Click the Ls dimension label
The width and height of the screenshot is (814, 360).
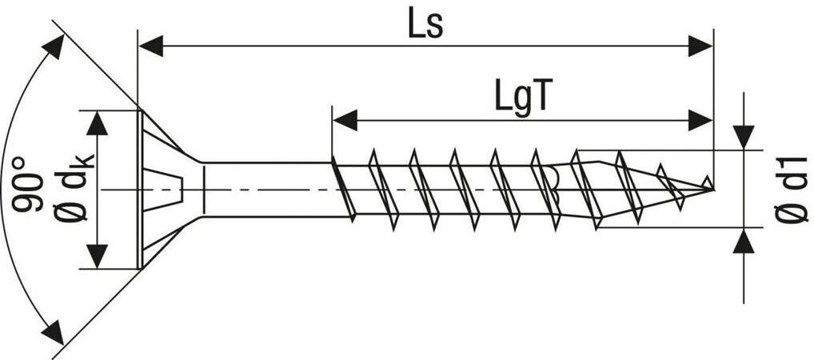(425, 24)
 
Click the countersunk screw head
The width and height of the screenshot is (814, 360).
(164, 189)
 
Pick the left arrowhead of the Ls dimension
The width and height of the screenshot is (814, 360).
(152, 46)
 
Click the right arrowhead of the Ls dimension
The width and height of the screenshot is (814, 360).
(700, 46)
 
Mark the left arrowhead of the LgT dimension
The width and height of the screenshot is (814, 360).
(345, 121)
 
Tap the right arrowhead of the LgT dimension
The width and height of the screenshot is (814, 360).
(700, 121)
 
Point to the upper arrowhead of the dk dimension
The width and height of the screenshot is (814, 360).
(98, 122)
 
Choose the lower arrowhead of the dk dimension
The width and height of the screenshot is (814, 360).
(98, 256)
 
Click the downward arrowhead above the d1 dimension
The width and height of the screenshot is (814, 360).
(744, 138)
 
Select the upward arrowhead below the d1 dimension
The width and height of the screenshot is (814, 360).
(744, 240)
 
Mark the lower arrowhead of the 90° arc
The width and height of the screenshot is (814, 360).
(54, 330)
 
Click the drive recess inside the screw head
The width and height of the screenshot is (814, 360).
(178, 189)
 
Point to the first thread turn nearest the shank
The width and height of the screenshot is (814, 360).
(345, 189)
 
